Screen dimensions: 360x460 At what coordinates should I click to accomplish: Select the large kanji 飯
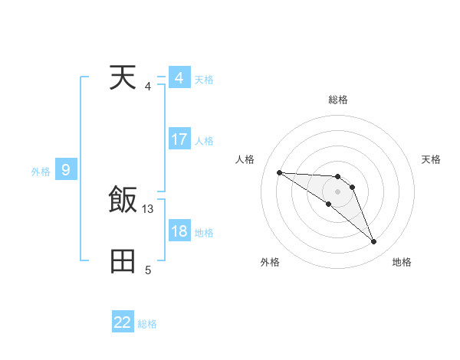[x=123, y=201]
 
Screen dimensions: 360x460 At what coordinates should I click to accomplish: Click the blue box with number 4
[x=179, y=78]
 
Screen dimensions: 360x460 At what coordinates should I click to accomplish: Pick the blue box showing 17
[x=179, y=140]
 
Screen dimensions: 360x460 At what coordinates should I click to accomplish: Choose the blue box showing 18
[x=179, y=231]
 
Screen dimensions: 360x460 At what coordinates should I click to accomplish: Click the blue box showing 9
[x=66, y=170]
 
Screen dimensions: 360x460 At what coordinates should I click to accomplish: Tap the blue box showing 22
[x=123, y=322]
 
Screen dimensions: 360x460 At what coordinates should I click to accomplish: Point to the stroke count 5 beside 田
[x=148, y=270]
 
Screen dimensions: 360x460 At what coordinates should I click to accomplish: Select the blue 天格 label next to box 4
[x=204, y=80]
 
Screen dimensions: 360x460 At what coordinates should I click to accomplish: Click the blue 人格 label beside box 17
[x=204, y=141]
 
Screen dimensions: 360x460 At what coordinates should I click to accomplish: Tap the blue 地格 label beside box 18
[x=204, y=233]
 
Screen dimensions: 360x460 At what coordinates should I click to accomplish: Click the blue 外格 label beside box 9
[x=41, y=172]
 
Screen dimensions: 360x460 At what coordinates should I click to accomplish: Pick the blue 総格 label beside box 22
[x=147, y=324]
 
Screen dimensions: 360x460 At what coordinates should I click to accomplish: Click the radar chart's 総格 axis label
[x=338, y=100]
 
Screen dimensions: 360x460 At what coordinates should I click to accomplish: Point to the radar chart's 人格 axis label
[x=245, y=159]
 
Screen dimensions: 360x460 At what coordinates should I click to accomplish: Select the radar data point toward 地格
[x=373, y=242]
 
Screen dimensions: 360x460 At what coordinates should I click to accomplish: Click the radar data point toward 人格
[x=279, y=172]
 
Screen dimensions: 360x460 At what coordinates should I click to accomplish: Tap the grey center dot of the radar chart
[x=338, y=191]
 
